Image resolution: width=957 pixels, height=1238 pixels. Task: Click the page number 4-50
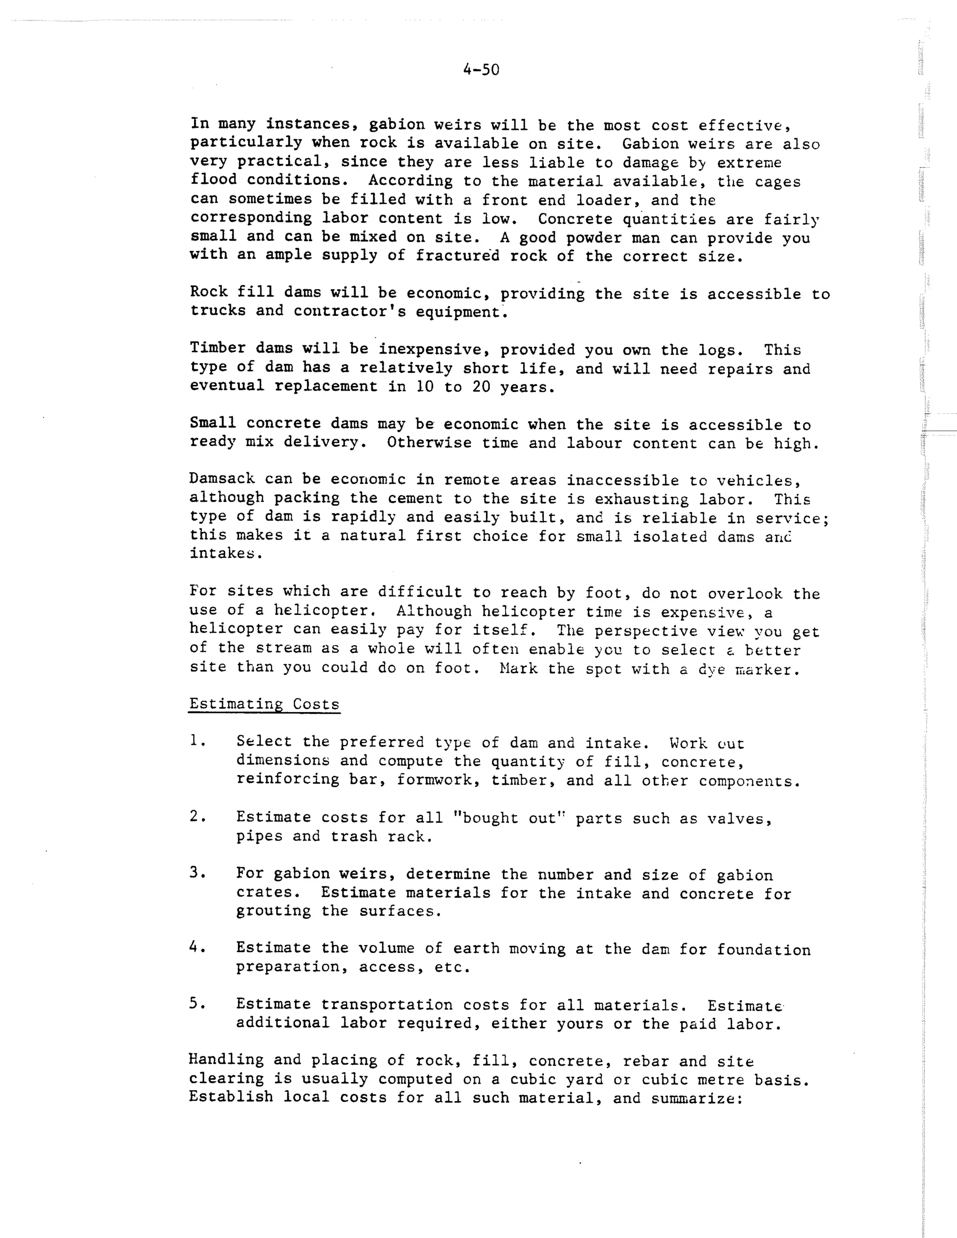click(x=481, y=70)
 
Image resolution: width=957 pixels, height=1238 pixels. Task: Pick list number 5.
click(x=196, y=1003)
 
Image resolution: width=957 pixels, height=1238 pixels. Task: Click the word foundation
click(x=764, y=949)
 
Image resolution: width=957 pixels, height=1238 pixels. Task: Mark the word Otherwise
click(x=429, y=443)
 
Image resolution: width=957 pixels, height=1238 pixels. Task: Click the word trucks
click(x=218, y=311)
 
